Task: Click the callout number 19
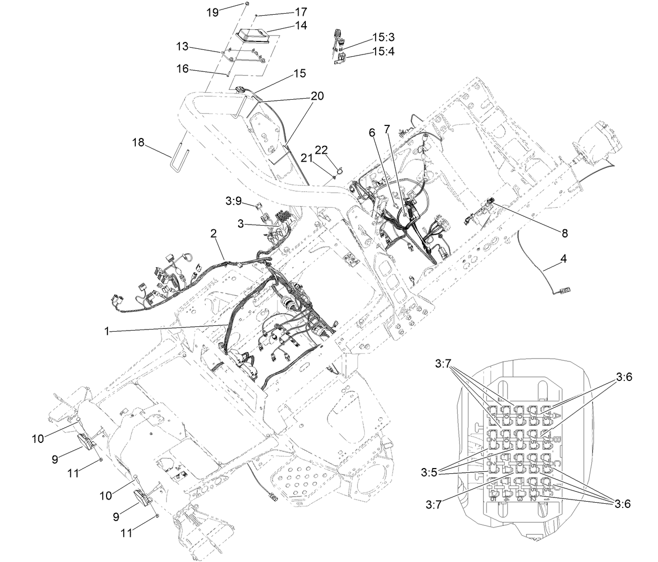click(x=212, y=12)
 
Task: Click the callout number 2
click(x=214, y=234)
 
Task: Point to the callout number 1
click(x=107, y=331)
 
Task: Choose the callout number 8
click(x=564, y=233)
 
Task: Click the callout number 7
click(x=387, y=128)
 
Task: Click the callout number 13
click(x=182, y=46)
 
